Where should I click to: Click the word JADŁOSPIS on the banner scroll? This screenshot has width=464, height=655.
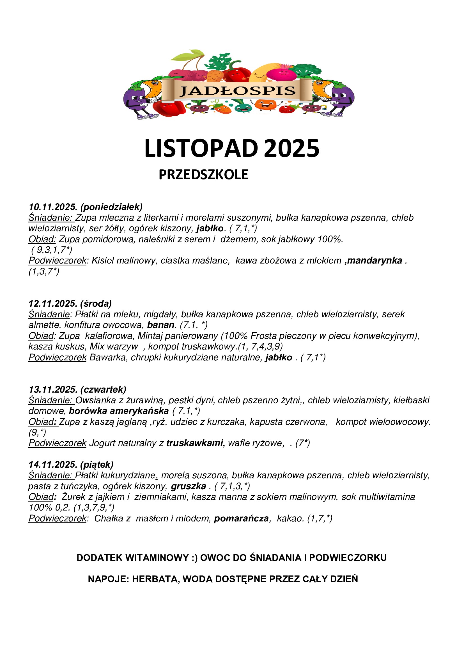tap(237, 91)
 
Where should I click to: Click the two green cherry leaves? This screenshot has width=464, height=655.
tap(188, 55)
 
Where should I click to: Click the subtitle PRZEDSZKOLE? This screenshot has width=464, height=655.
tap(203, 174)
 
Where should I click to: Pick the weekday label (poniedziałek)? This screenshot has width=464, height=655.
tap(111, 207)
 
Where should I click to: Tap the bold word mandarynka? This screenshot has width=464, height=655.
tap(375, 260)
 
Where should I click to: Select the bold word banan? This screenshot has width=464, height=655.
tap(160, 325)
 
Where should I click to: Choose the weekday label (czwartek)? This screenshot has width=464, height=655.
tap(103, 390)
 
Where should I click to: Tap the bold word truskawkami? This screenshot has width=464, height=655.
tap(196, 443)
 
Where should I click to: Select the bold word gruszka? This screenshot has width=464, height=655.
tap(188, 486)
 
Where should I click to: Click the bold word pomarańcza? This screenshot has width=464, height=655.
tap(242, 518)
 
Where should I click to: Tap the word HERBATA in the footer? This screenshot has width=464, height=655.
tap(156, 579)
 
